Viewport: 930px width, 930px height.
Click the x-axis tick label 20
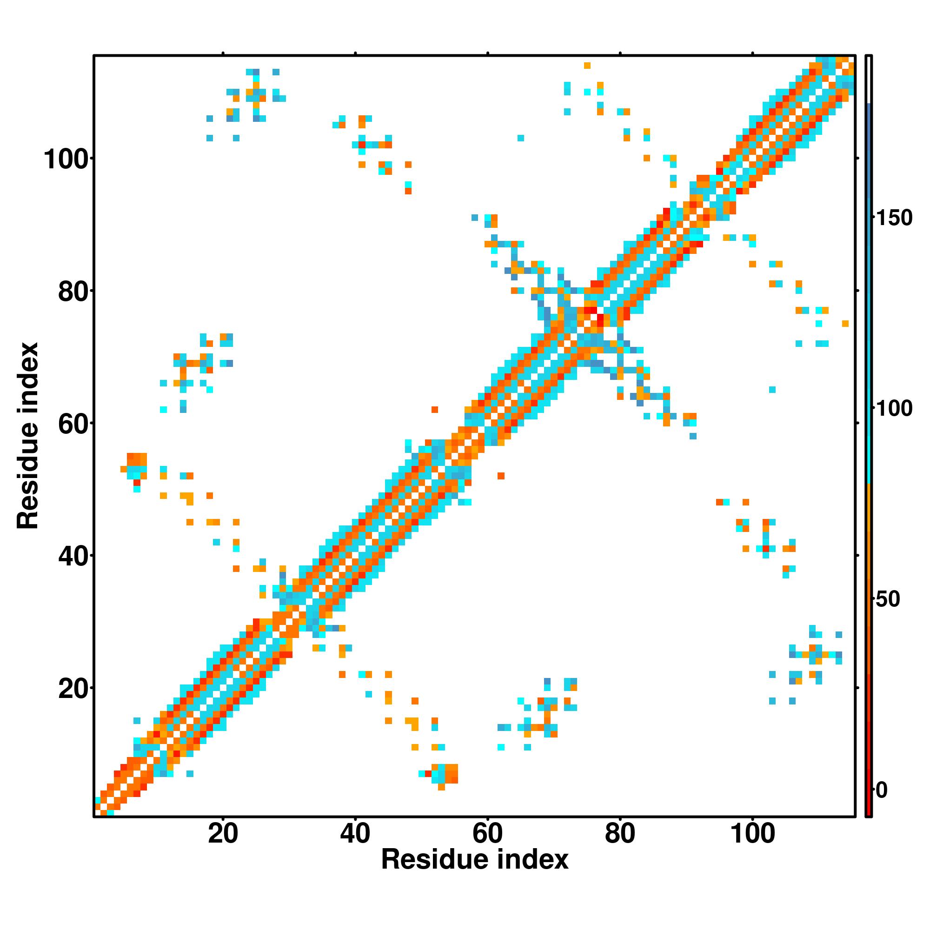point(223,833)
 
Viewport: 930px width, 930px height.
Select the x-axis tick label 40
point(355,833)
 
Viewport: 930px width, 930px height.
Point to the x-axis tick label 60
point(488,833)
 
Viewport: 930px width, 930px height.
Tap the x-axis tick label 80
point(620,833)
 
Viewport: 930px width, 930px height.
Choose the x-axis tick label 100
point(752,833)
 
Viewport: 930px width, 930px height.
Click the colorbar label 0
point(882,790)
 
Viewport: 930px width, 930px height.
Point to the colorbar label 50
point(888,599)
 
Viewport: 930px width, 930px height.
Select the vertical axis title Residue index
point(28,436)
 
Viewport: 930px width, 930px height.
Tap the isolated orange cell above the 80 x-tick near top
point(587,66)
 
